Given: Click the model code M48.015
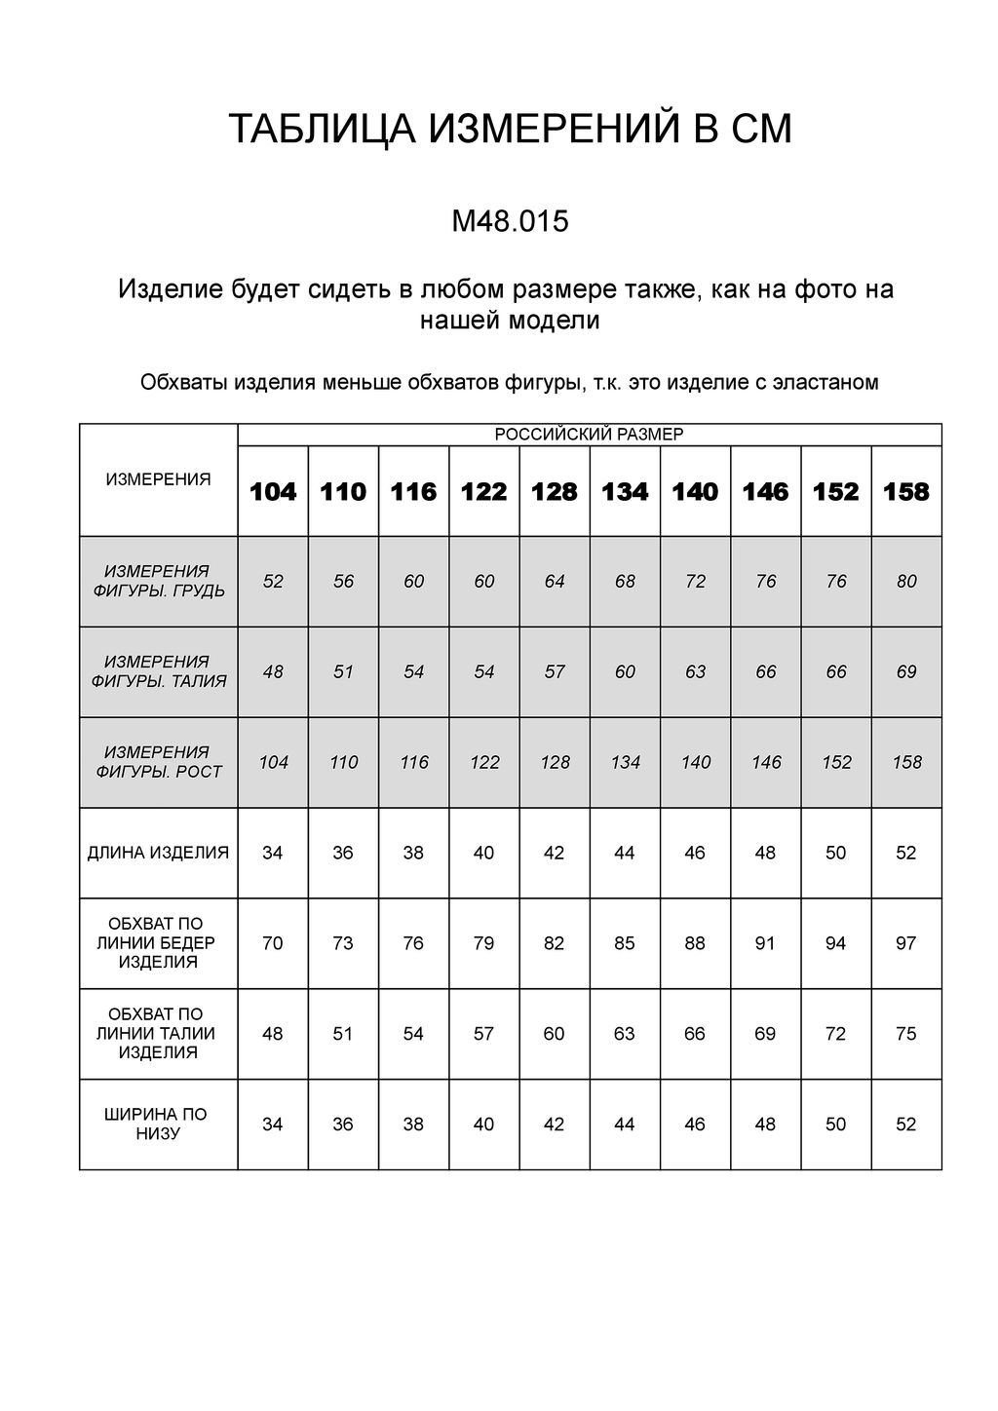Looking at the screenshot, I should click(x=510, y=222).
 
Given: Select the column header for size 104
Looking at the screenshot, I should click(x=273, y=492).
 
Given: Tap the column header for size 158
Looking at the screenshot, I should click(x=906, y=492).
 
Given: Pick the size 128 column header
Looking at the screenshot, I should click(x=555, y=492).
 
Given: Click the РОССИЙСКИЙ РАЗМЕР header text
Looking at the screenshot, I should click(x=590, y=435).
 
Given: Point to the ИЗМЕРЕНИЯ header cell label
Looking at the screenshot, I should click(x=158, y=479).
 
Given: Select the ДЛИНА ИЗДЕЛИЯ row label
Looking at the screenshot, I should click(x=158, y=853).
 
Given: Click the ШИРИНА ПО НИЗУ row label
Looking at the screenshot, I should click(x=158, y=1124).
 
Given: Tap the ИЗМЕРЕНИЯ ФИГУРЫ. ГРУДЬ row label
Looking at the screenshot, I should click(x=158, y=581).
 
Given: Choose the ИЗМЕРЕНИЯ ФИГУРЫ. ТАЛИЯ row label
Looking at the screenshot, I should click(x=158, y=671).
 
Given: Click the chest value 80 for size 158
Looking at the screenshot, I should click(x=906, y=582).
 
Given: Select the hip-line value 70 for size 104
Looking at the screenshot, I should click(x=273, y=943).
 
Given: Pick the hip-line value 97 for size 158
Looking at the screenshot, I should click(x=906, y=943).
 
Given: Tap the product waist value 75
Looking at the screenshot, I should click(x=906, y=1034).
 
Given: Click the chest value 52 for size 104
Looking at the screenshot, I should click(x=273, y=582).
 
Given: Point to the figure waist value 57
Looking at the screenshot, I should click(x=555, y=672).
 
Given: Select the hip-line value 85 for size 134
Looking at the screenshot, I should click(x=625, y=943).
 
